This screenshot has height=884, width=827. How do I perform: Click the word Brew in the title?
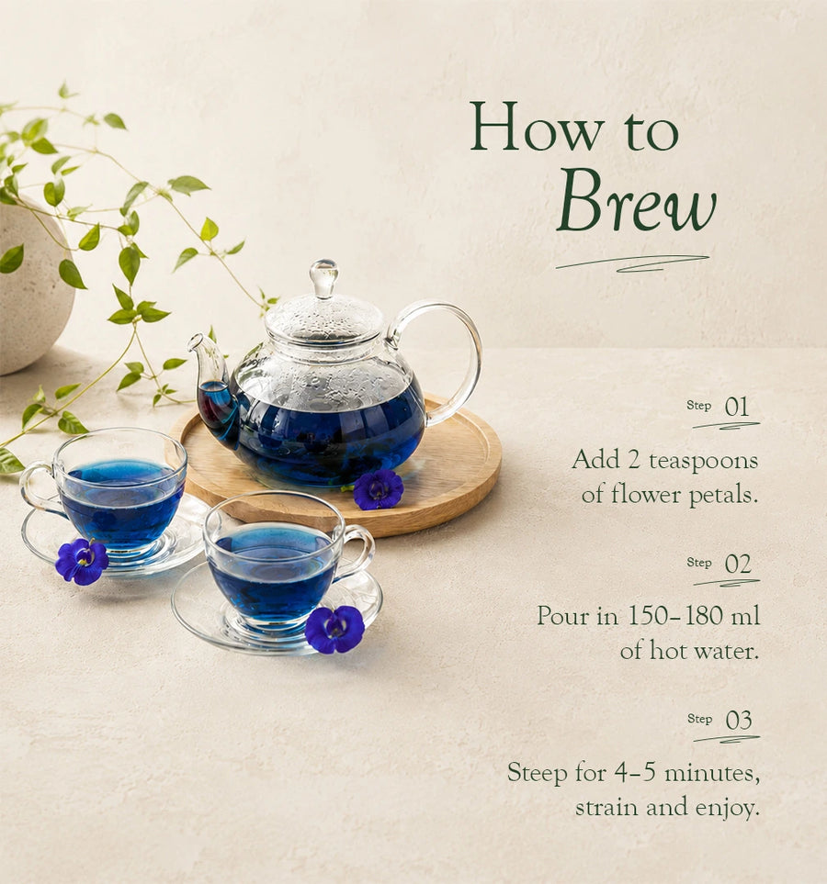(636, 201)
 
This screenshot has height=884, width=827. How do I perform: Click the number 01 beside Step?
(737, 407)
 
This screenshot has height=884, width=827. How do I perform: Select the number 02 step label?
(738, 564)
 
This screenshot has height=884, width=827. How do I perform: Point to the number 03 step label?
(739, 721)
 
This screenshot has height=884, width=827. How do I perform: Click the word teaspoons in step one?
(703, 462)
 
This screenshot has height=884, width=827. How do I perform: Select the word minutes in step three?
(712, 772)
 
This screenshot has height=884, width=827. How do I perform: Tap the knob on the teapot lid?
(324, 277)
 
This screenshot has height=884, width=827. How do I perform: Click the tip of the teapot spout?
(194, 340)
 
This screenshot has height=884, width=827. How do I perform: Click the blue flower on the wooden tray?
(379, 489)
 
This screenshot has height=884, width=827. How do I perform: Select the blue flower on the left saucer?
(83, 561)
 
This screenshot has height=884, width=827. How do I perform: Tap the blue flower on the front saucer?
(334, 629)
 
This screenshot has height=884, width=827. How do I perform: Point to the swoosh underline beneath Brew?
(632, 263)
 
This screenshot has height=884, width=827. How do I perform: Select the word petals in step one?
(723, 496)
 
